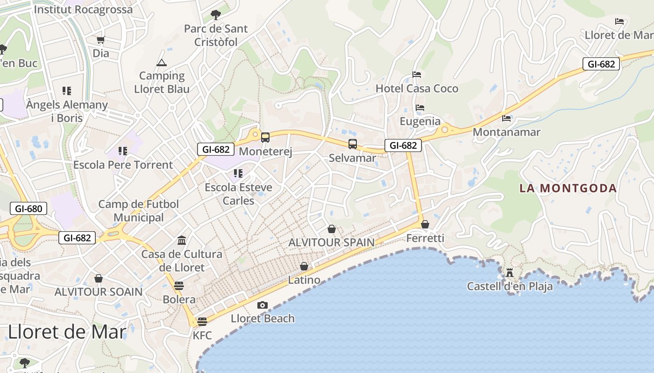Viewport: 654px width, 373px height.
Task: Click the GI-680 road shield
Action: (x=28, y=208)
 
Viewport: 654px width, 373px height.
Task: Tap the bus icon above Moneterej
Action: (x=265, y=137)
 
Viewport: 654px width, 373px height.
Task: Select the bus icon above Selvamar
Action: (x=353, y=144)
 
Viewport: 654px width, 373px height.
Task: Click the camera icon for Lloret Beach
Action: (x=263, y=305)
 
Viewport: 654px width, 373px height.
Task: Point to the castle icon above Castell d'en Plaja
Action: (x=510, y=272)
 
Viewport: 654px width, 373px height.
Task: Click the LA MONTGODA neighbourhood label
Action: (x=568, y=188)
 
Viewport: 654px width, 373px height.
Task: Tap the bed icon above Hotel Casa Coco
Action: (x=417, y=75)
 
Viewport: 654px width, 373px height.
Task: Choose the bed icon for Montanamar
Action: (x=506, y=118)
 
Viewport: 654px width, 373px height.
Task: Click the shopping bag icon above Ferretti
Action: (x=425, y=224)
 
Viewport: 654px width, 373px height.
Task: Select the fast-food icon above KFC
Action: (x=202, y=321)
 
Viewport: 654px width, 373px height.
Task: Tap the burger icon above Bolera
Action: (x=179, y=285)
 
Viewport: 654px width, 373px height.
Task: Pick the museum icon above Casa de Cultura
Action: (x=182, y=241)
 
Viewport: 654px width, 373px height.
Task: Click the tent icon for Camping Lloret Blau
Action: (x=162, y=62)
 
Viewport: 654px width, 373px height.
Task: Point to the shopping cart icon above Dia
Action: (x=100, y=40)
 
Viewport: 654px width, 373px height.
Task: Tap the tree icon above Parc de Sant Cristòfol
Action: (x=215, y=15)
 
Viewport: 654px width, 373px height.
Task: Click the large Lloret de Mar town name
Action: (x=67, y=332)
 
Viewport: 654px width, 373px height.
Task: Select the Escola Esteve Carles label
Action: (x=238, y=194)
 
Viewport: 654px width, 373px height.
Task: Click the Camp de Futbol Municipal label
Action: (x=139, y=211)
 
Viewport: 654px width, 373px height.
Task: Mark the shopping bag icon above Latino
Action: (x=304, y=266)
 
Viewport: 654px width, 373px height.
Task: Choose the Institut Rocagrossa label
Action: (x=83, y=9)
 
